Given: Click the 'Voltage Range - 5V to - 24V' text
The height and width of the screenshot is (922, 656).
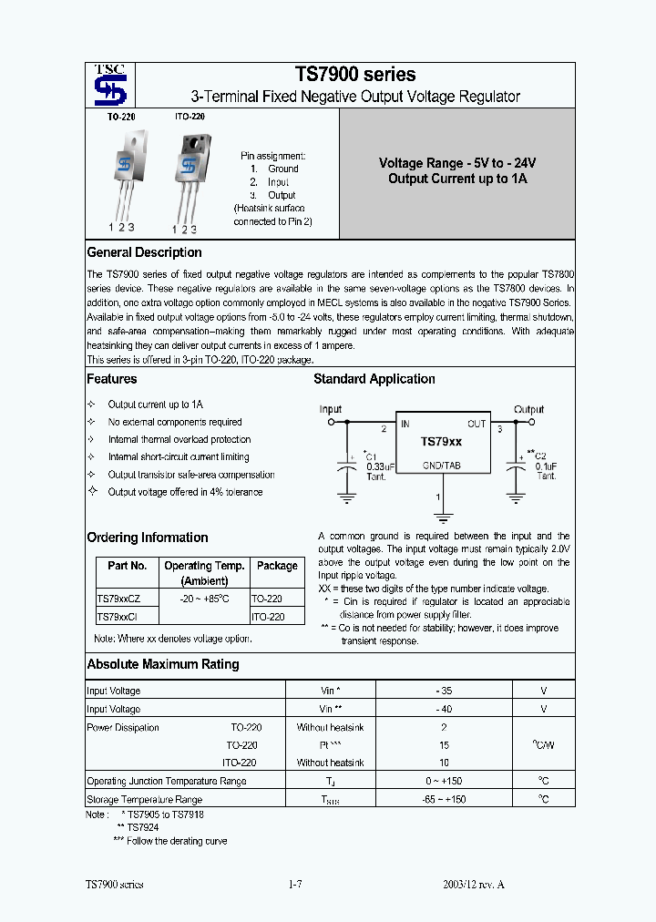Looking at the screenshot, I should (x=457, y=163).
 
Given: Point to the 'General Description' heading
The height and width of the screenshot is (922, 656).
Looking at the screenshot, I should (x=144, y=252).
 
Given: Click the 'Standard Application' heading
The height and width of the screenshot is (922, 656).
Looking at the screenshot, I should (x=374, y=379).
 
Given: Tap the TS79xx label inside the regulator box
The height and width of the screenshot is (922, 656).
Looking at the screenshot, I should (x=441, y=441).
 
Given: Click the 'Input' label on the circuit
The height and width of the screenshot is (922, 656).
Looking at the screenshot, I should (x=331, y=409).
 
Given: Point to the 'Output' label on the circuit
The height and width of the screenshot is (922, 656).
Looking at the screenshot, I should (x=528, y=409).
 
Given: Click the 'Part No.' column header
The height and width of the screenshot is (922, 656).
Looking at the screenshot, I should (x=127, y=566).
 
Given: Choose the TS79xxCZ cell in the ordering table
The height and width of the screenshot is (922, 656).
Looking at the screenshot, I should (x=118, y=599).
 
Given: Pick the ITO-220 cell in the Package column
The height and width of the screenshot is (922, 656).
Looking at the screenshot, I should (x=268, y=617).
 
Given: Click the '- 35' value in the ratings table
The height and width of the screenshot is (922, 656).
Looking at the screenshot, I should (x=444, y=691).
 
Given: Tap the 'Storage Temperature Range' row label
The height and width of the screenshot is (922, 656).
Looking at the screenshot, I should (x=144, y=799).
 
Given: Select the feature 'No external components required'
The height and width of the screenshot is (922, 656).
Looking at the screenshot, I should (x=175, y=422).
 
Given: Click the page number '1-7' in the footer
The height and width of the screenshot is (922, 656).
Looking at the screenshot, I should (x=294, y=885).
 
